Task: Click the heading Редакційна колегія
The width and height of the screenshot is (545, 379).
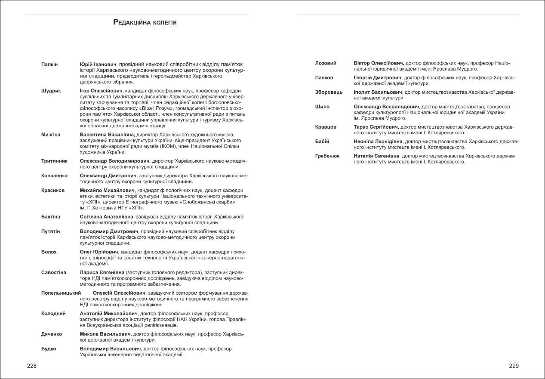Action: coord(145,22)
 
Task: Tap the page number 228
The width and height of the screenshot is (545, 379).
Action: coord(32,366)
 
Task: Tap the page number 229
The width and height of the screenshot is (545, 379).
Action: coord(514,366)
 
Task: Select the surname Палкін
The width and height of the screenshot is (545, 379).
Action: coord(49,65)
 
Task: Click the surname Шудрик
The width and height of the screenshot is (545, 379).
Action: coord(51,91)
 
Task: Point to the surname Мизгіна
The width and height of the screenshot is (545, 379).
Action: coord(51,135)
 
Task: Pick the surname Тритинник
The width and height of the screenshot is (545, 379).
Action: coord(54,161)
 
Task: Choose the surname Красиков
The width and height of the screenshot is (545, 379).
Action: coord(53,190)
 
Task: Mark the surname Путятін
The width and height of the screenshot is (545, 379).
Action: coord(51,231)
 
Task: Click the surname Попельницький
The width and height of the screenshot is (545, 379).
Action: coord(62,293)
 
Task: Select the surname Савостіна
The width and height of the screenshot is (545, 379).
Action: coord(54,272)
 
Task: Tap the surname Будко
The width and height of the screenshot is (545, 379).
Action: coord(49,348)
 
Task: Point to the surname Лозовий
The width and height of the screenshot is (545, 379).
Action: coord(326,63)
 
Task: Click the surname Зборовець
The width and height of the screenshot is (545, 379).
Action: coord(329,92)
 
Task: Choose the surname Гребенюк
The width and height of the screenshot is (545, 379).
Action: coord(327,156)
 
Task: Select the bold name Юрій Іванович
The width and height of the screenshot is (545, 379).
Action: coord(99,65)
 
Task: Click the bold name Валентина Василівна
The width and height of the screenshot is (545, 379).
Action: coord(107,135)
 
